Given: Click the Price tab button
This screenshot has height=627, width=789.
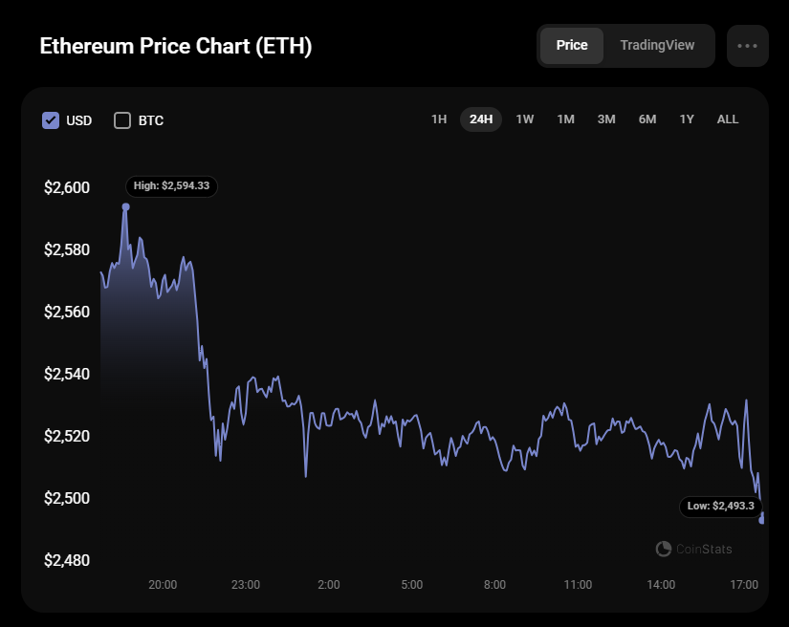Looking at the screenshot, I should (572, 46).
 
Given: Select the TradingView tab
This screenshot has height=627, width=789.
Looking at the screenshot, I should (657, 46).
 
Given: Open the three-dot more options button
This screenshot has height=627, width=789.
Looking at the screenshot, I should (747, 46).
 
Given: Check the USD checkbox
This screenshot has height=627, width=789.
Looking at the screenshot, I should (51, 120).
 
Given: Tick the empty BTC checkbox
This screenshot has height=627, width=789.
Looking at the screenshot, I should (122, 120).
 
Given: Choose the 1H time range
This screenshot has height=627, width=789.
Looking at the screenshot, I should (439, 119).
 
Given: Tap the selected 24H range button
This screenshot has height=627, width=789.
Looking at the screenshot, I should (481, 119).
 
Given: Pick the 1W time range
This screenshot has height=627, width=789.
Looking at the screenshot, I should (525, 119).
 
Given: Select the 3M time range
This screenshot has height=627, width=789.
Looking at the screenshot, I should (606, 119).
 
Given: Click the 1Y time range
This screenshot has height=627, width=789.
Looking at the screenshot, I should (687, 119).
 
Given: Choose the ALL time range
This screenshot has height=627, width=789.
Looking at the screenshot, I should (728, 119).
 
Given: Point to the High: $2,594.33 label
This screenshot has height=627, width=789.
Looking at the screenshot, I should (172, 185).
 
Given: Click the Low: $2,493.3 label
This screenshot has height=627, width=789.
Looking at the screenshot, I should (720, 506).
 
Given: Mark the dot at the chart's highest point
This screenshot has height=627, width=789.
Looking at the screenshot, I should (125, 205).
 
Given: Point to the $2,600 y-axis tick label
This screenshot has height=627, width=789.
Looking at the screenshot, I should (67, 187).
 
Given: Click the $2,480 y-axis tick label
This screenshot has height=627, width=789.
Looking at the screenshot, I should (67, 560).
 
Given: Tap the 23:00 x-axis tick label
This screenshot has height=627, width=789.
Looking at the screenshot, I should (246, 585).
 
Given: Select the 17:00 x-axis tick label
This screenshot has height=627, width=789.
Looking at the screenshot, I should (744, 585).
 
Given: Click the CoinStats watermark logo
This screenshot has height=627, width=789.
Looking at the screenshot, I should (664, 549).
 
